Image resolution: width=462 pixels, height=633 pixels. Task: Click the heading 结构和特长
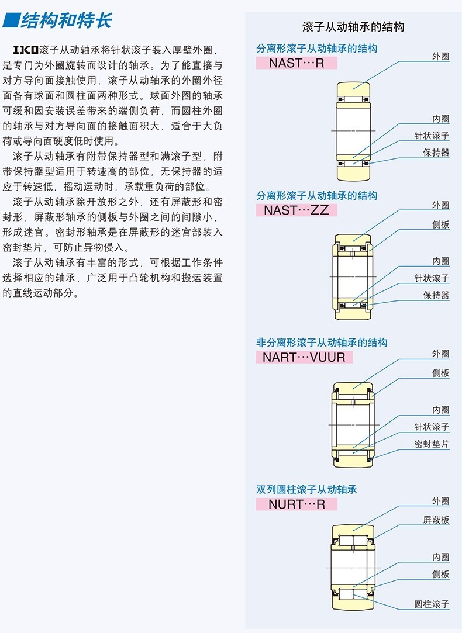click(x=65, y=22)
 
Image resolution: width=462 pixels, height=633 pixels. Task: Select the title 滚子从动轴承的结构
click(x=353, y=27)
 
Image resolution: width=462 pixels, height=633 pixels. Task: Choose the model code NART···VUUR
click(x=304, y=357)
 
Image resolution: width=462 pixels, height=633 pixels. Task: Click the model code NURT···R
click(x=296, y=504)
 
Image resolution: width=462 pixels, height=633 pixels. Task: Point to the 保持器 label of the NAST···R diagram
click(x=436, y=153)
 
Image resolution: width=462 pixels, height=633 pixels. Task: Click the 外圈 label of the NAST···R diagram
click(x=440, y=56)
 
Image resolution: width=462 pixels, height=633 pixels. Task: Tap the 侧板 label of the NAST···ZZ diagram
click(x=440, y=224)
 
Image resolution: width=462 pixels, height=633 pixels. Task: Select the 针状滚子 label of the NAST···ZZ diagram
click(x=432, y=278)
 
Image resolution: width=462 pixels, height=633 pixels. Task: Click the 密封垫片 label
click(x=432, y=444)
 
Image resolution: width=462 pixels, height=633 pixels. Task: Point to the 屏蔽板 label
click(x=436, y=520)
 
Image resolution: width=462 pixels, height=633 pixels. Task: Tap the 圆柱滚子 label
click(x=432, y=604)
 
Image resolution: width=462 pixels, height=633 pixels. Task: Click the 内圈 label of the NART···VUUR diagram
click(x=440, y=410)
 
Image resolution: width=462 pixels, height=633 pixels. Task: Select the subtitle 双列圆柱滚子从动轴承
click(x=306, y=489)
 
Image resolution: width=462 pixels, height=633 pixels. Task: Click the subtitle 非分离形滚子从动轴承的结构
click(x=322, y=343)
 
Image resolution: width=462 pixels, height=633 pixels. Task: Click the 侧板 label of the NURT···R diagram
click(x=440, y=575)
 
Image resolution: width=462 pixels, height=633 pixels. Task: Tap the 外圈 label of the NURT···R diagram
click(x=440, y=501)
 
